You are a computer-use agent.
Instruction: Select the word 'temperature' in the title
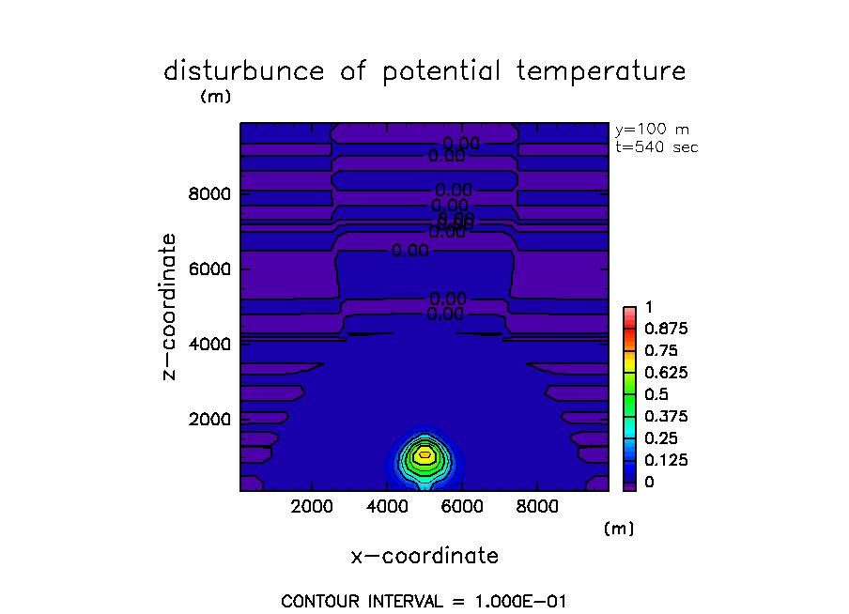[x=606, y=72]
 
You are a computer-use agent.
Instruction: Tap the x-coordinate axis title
[x=424, y=556]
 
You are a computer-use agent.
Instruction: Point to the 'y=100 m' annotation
[x=651, y=130]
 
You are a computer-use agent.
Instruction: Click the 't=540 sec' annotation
[x=656, y=146]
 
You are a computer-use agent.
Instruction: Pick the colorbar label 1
[x=647, y=307]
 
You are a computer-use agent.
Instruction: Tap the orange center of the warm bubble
[x=424, y=454]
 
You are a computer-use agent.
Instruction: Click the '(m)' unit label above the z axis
[x=215, y=96]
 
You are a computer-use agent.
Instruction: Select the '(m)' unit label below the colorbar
[x=619, y=530]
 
